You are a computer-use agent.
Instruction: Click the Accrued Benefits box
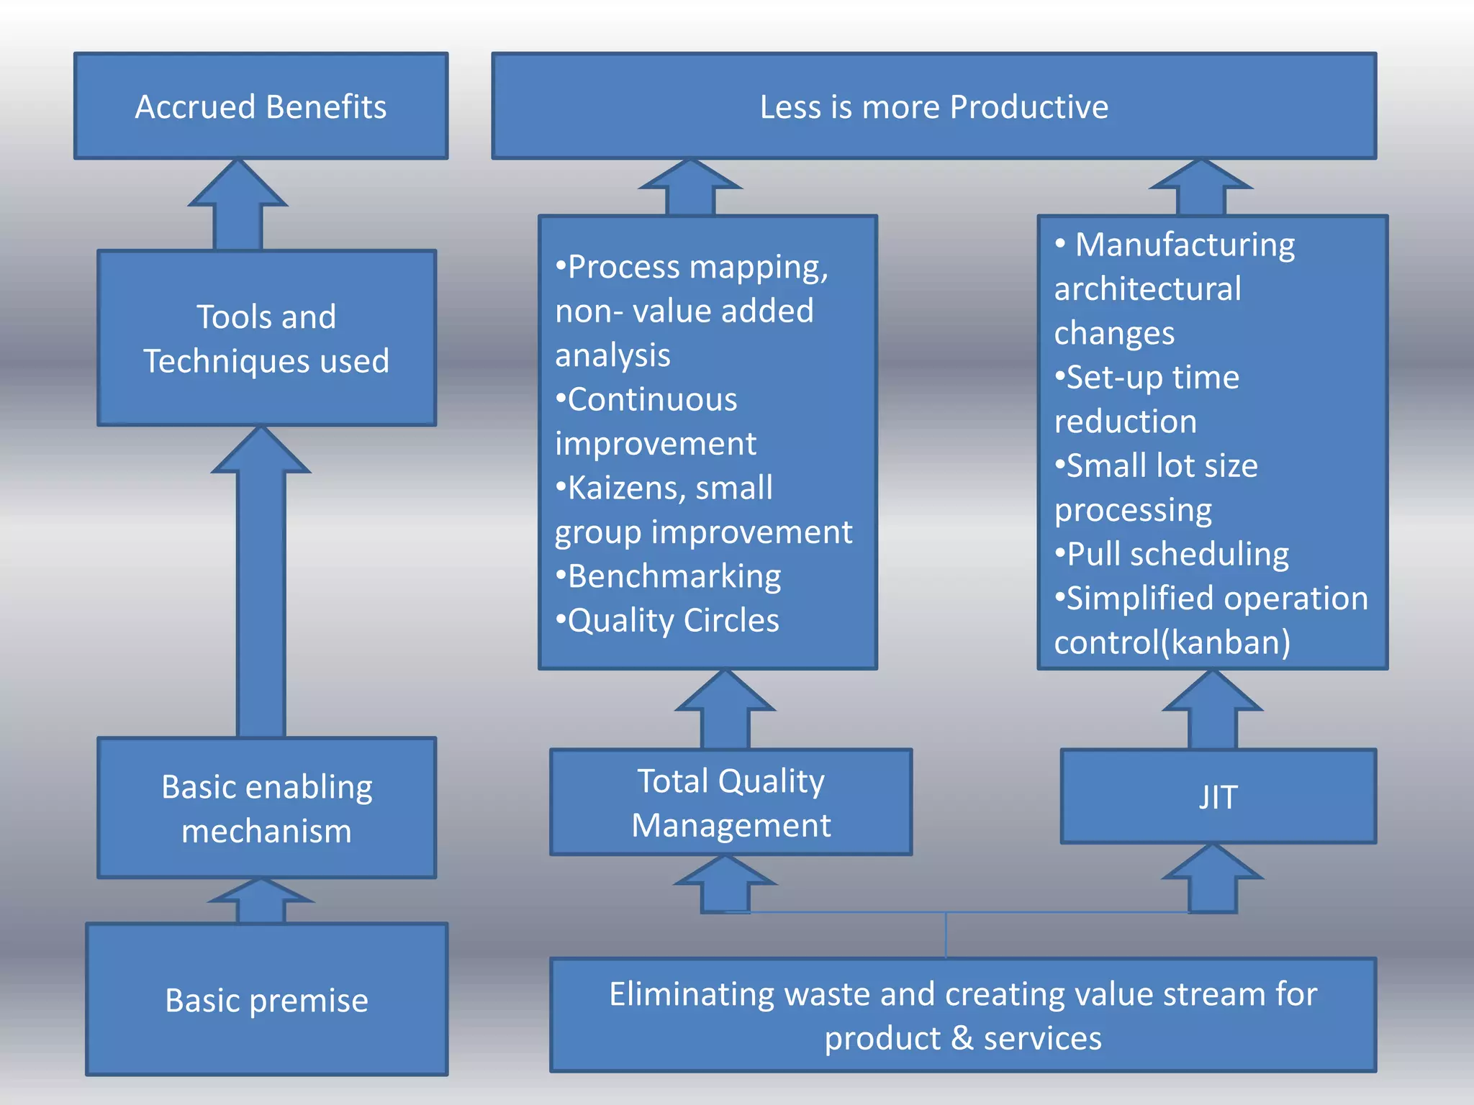click(x=261, y=106)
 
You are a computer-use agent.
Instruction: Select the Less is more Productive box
click(x=933, y=106)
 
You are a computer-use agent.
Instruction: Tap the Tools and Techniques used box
click(x=266, y=338)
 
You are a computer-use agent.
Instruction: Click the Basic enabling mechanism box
click(x=266, y=808)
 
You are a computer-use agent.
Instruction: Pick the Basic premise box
click(x=266, y=1000)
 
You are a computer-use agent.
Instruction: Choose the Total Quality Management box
click(x=731, y=802)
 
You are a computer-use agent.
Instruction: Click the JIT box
click(x=1218, y=796)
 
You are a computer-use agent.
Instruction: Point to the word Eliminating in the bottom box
click(x=692, y=994)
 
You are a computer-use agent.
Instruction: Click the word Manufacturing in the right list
click(x=1184, y=245)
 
